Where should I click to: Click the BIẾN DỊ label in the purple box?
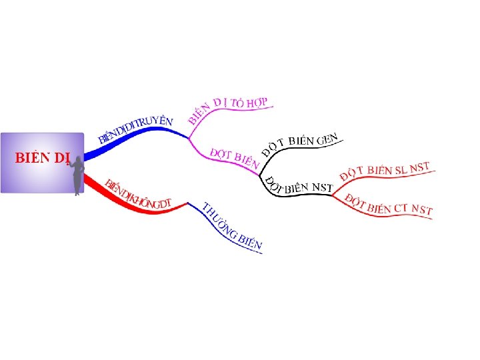tap(42, 158)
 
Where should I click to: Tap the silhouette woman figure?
tap(77, 175)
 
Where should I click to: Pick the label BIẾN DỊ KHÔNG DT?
tap(139, 194)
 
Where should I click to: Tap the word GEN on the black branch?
tap(327, 140)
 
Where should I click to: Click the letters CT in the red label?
tap(400, 207)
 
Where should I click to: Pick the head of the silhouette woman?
tap(79, 159)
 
